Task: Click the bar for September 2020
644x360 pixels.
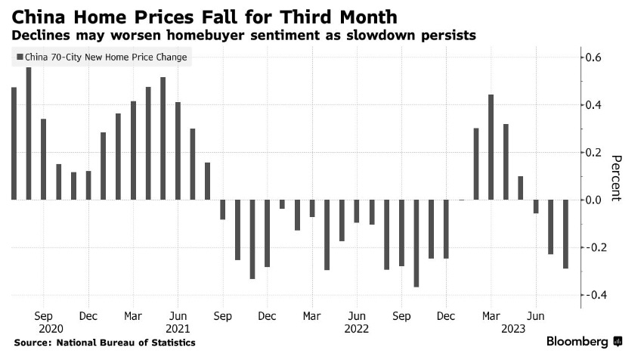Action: coord(44,159)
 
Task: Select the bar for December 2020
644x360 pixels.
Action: coord(88,185)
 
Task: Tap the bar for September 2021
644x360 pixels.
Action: coord(223,209)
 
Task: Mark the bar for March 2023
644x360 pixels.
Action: coord(491,147)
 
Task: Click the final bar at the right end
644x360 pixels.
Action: coord(565,234)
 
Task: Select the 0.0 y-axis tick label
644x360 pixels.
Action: coord(595,200)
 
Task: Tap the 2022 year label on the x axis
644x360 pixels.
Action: coord(356,329)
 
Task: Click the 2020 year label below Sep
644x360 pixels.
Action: coord(44,329)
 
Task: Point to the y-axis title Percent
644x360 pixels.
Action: coord(615,177)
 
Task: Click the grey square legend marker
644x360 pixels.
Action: coord(18,57)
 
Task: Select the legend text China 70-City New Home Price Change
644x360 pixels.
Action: coord(106,57)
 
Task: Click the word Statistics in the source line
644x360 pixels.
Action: coord(172,343)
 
